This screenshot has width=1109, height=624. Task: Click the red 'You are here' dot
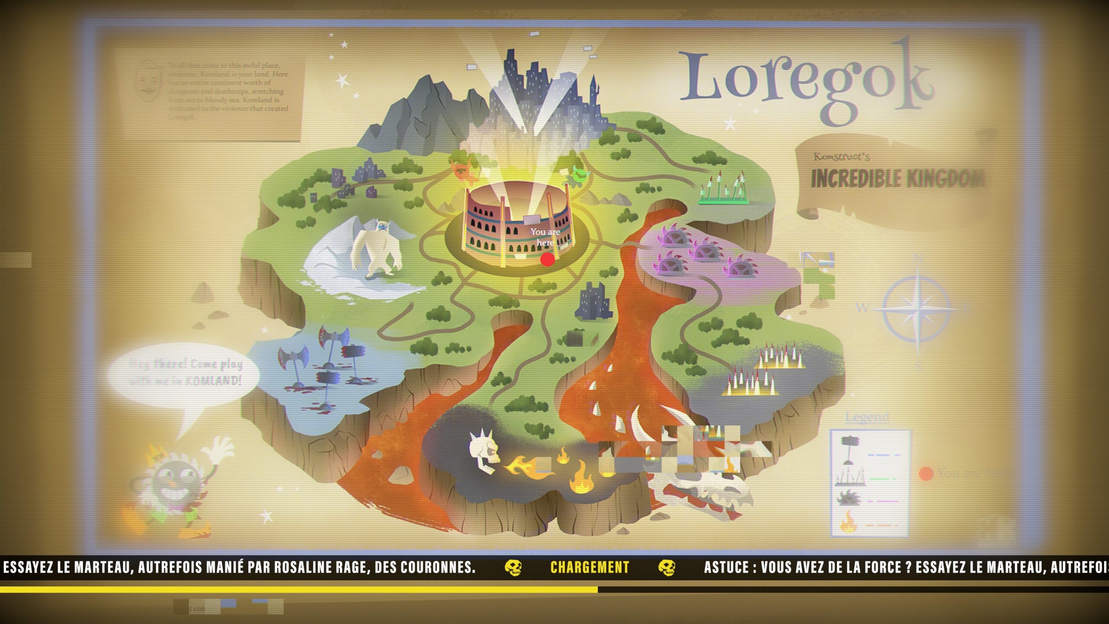(548, 259)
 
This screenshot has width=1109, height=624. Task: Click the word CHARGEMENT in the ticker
(590, 567)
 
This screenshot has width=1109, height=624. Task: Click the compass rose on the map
(918, 309)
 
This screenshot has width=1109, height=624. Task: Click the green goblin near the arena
(579, 175)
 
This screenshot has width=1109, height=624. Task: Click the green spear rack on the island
(724, 189)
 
